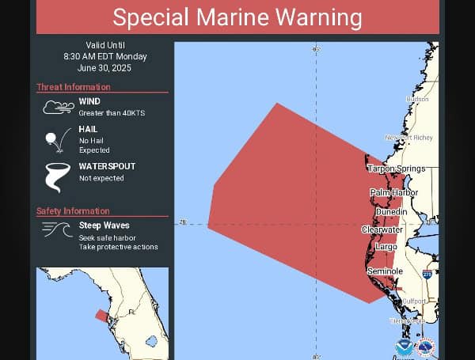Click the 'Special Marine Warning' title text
237,17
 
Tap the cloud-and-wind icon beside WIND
58,107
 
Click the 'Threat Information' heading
74,87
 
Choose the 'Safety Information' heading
73,210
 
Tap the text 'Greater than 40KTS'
112,114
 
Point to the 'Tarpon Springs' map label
396,169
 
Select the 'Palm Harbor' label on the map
393,192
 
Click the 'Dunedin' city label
391,211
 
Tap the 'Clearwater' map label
382,229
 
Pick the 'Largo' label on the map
386,247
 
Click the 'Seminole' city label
385,271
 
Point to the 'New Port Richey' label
409,138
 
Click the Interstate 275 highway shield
427,274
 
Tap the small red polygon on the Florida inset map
101,315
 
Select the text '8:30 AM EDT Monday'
105,56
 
